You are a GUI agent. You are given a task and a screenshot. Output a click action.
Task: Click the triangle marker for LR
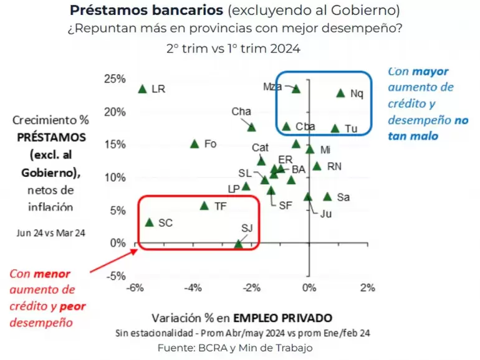point(142,89)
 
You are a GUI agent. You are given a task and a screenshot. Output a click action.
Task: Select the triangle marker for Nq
point(340,93)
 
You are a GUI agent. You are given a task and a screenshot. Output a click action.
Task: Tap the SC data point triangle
point(149,222)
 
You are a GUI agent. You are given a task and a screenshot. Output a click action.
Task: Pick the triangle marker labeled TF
point(204,206)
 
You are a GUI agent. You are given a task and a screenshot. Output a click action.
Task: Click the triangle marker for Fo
point(194,144)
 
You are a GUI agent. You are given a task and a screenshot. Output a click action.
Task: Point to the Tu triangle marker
point(335,128)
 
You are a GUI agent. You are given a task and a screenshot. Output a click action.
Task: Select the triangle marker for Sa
point(327,197)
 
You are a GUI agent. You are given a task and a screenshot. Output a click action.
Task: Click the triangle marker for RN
point(317,166)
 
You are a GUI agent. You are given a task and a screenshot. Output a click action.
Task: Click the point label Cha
point(241,111)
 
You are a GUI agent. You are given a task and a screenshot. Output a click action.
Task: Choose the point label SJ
point(247,228)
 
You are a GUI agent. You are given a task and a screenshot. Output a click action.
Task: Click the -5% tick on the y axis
point(115,276)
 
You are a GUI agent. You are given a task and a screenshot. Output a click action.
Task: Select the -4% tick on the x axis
point(193,288)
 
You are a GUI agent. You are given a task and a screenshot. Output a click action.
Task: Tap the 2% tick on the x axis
point(367,288)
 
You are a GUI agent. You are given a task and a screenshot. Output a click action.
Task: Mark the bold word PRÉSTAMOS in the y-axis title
point(51,137)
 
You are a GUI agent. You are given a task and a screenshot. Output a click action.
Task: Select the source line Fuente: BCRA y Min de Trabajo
point(234,348)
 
